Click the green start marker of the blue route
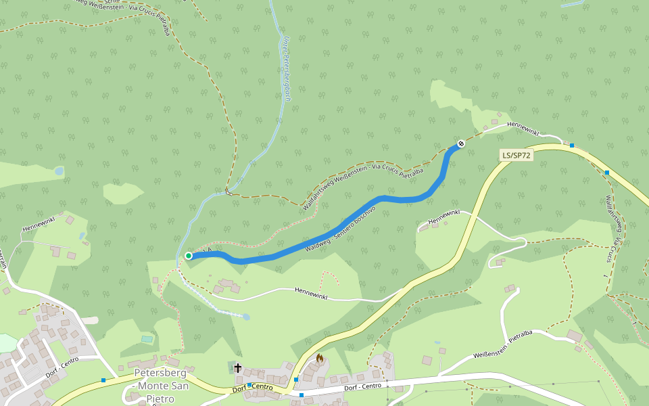pos(189,255)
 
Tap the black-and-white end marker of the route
pos(461,143)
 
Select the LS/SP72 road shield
pos(516,155)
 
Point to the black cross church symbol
pos(237,368)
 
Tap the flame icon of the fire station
pos(320,358)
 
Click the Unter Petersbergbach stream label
pos(286,68)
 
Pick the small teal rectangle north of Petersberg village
pos(147,338)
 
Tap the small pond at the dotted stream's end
pos(246,317)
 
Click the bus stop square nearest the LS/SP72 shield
pos(572,145)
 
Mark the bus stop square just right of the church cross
pos(249,385)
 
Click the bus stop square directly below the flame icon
pos(302,394)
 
